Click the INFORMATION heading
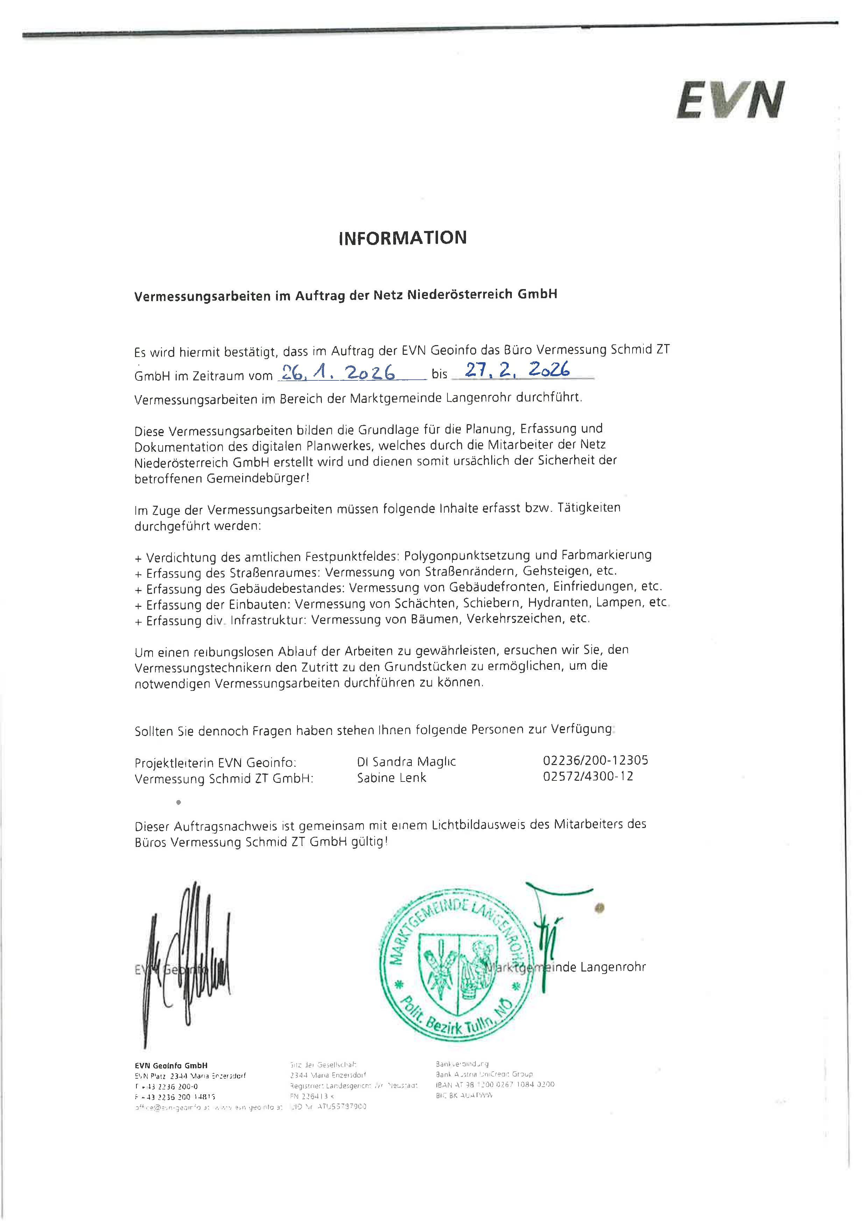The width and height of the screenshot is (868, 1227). [x=402, y=238]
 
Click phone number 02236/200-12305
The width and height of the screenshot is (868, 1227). [x=595, y=760]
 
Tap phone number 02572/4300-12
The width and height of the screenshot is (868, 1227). [x=588, y=776]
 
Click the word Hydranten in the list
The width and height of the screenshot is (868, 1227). [x=560, y=603]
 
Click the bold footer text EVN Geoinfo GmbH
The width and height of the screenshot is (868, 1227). [x=171, y=1066]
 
